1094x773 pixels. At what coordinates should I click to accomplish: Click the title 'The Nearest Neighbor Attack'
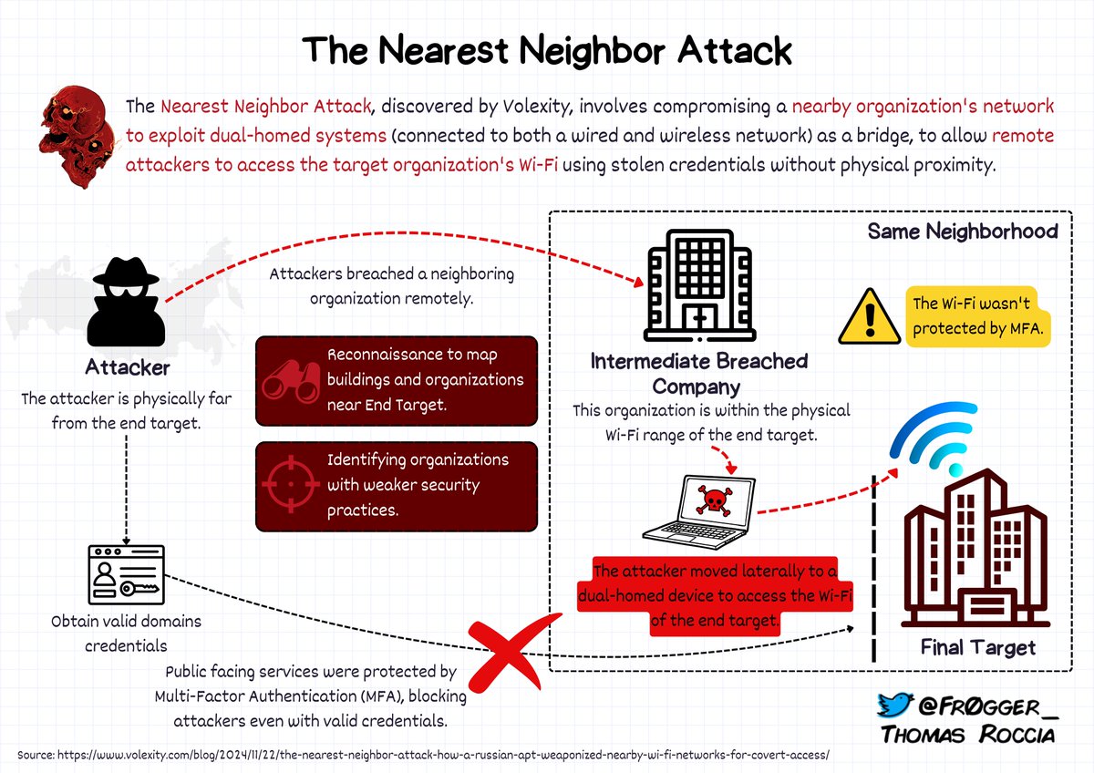547,50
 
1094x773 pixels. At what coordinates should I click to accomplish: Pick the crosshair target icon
289,485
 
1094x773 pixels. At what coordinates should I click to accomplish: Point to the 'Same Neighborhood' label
962,232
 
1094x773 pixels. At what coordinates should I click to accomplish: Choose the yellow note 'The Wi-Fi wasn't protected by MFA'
977,315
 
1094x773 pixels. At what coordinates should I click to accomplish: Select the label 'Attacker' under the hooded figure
128,369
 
